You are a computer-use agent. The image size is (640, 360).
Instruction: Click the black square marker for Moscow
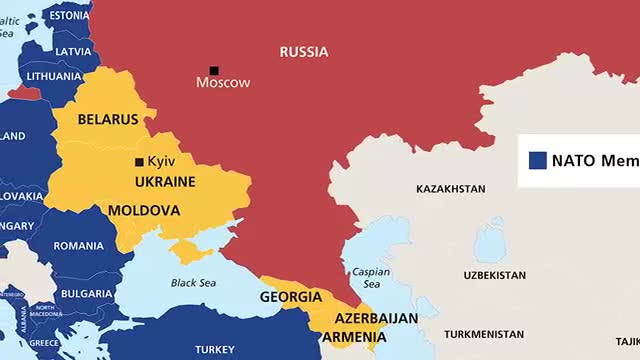click(x=213, y=70)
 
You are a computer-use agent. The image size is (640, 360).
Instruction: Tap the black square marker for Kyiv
click(x=139, y=162)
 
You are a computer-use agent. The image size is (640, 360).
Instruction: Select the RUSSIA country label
click(x=304, y=52)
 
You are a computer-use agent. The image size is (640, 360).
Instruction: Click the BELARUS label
click(x=107, y=119)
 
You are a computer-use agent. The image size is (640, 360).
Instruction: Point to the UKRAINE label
click(x=165, y=181)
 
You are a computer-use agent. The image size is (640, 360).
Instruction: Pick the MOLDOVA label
click(x=143, y=211)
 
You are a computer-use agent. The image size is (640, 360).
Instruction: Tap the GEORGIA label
click(x=290, y=297)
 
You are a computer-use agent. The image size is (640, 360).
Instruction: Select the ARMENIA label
click(x=353, y=337)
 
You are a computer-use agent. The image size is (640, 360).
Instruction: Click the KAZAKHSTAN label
click(x=450, y=189)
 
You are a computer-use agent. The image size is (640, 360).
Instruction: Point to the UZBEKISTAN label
click(x=494, y=275)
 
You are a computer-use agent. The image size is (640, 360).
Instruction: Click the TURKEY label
click(x=214, y=349)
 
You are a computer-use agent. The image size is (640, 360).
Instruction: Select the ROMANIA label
click(x=78, y=246)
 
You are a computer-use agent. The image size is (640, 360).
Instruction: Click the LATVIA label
click(x=73, y=51)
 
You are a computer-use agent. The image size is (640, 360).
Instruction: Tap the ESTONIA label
click(x=68, y=16)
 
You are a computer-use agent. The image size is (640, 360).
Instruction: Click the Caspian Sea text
click(x=370, y=278)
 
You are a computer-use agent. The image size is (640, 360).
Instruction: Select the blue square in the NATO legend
click(x=537, y=159)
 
